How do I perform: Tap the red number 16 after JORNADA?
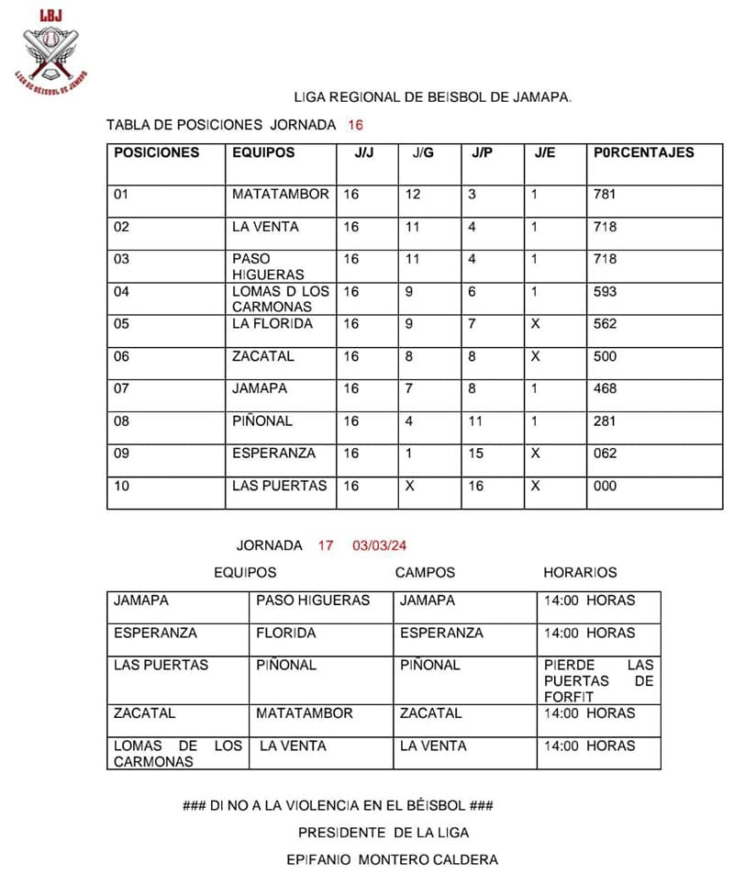coord(356,125)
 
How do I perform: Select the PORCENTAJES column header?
coord(644,153)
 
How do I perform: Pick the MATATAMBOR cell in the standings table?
coord(280,195)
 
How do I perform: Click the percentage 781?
coord(606,195)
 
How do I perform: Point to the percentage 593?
coord(606,292)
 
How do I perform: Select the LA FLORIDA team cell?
coord(272,324)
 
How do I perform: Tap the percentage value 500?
coord(606,356)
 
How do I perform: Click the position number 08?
coord(122,421)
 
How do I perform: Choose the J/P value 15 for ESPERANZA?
coord(476,453)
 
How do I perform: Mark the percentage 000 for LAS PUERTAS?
coord(606,486)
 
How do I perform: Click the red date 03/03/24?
coord(379,545)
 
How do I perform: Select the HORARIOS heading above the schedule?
coord(580,572)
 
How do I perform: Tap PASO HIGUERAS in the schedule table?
coord(313,600)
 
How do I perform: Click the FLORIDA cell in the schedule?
coord(286,633)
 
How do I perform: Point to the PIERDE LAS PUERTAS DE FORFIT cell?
coord(598,680)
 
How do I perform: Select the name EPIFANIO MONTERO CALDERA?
coord(393,859)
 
